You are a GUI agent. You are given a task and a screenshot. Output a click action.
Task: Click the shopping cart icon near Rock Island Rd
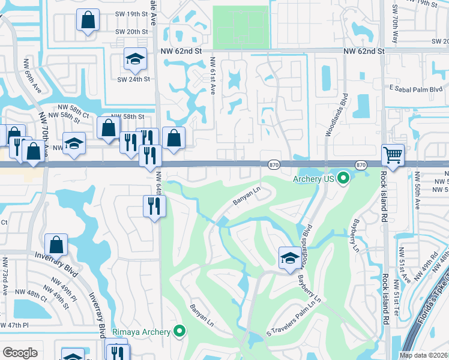393,155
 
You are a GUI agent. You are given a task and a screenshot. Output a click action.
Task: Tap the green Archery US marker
343,178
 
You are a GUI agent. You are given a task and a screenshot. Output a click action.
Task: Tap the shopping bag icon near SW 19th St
88,19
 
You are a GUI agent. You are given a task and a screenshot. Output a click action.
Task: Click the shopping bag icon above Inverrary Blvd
56,244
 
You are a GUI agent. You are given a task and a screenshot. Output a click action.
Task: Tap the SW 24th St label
133,79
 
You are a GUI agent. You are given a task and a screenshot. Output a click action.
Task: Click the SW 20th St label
133,32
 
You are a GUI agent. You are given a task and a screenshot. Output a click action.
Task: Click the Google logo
20,353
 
